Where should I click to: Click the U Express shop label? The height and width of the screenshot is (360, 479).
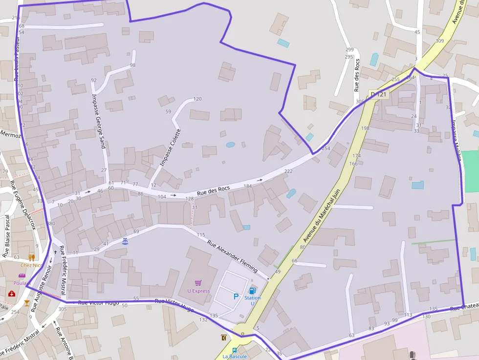198,291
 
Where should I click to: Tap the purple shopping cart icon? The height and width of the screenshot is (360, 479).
198,283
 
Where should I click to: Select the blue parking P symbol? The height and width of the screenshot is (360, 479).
236,296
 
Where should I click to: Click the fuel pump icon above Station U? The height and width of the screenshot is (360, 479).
252,291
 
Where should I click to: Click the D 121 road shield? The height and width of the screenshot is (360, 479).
378,94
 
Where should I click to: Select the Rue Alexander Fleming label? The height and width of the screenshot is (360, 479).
233,252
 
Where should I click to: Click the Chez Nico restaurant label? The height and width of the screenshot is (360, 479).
32,265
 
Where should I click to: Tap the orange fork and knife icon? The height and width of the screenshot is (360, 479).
32,257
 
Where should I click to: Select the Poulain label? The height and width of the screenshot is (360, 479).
22,283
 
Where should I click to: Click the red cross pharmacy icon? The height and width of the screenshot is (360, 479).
11,293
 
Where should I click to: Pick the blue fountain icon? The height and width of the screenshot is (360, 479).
125,241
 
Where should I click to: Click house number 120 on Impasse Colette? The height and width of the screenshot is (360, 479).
197,99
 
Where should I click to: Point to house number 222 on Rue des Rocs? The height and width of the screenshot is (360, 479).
288,171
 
